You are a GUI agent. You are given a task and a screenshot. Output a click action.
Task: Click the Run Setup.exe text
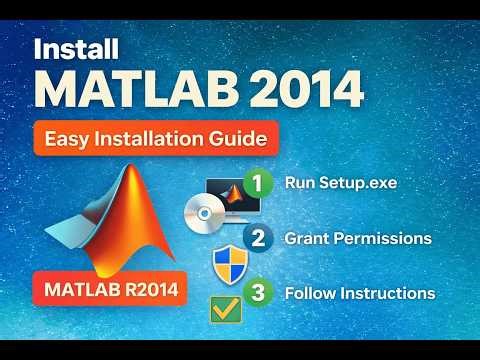click(x=339, y=184)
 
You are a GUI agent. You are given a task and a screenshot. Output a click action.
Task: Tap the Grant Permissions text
click(x=357, y=239)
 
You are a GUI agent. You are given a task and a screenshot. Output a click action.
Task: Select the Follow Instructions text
click(x=359, y=293)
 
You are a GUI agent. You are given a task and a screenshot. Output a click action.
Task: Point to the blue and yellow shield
click(x=229, y=262)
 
